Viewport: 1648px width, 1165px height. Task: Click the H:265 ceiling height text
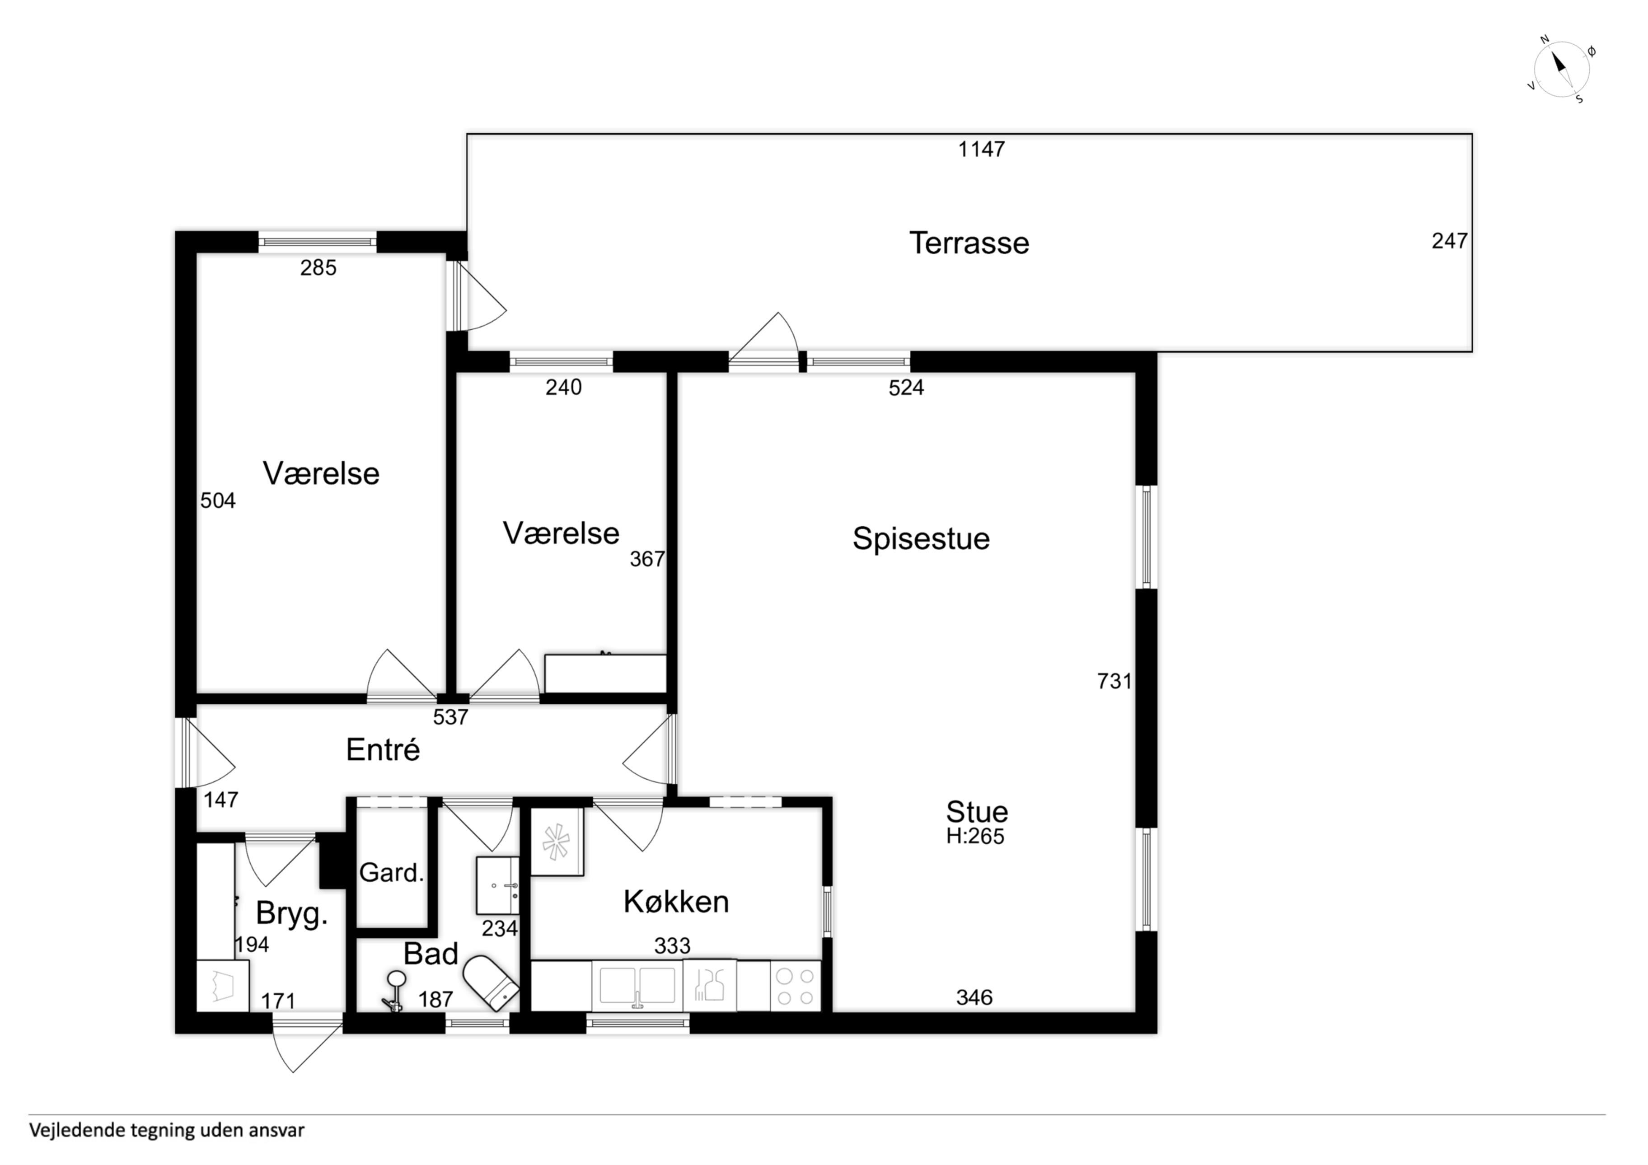(x=975, y=836)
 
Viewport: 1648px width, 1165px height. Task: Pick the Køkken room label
(x=676, y=902)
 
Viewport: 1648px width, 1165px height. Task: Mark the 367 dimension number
(x=647, y=559)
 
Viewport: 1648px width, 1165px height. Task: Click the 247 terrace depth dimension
(x=1449, y=241)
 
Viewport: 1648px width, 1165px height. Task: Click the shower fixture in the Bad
(x=394, y=991)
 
